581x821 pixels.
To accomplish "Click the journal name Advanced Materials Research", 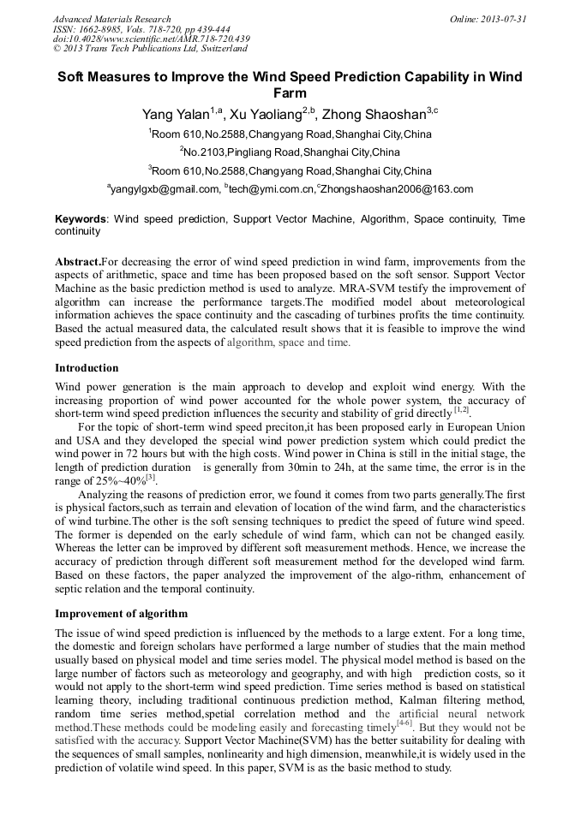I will click(111, 19).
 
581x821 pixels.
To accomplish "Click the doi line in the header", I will click(151, 39).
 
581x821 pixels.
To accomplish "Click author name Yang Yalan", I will click(177, 114).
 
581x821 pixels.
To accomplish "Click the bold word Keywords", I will click(80, 220).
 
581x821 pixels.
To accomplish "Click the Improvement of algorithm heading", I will click(121, 614).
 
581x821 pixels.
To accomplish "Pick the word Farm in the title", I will click(290, 92).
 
